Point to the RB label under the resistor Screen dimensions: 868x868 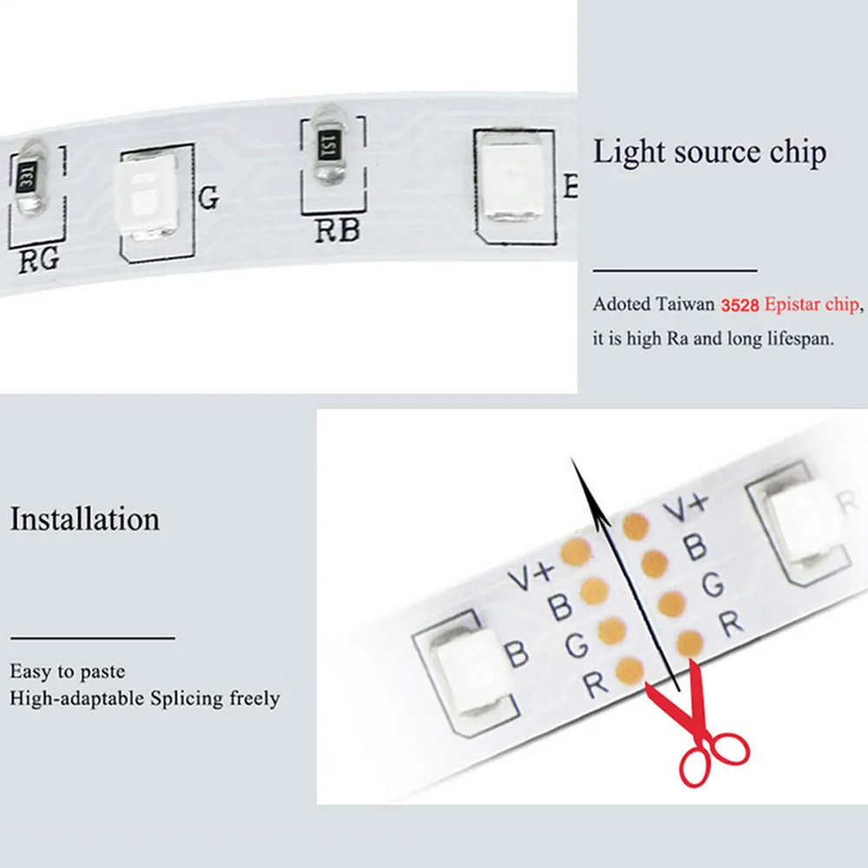(x=336, y=230)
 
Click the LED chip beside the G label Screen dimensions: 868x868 (x=144, y=198)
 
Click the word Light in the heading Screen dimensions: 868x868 (x=622, y=153)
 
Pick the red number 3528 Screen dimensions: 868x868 (x=741, y=306)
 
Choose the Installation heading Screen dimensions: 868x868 (x=85, y=519)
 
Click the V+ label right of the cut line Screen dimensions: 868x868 (x=686, y=508)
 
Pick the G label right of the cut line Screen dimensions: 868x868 (x=713, y=585)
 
